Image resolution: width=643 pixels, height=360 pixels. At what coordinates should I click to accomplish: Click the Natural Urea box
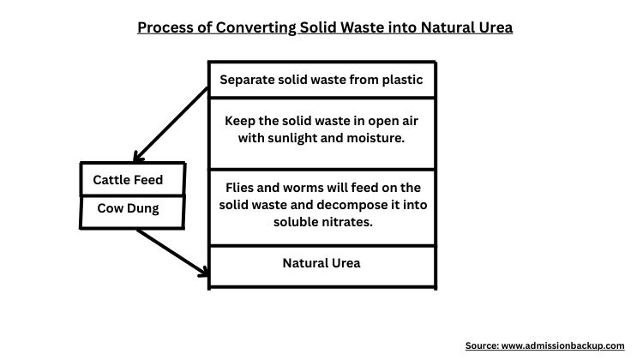tap(321, 263)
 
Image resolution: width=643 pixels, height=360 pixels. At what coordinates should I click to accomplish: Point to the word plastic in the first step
tap(401, 80)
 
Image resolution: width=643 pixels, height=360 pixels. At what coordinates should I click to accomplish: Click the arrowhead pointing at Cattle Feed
tap(136, 157)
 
